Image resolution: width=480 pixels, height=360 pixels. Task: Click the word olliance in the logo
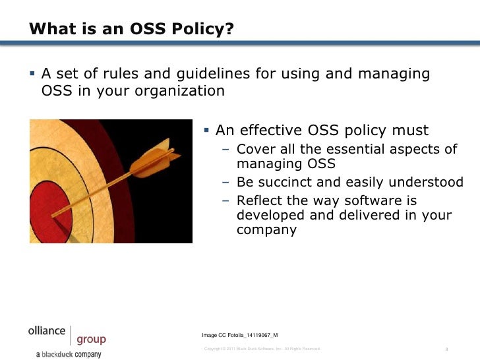(x=46, y=331)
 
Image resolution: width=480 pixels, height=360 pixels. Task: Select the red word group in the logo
(x=91, y=340)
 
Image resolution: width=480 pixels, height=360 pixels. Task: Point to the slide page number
(x=447, y=349)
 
